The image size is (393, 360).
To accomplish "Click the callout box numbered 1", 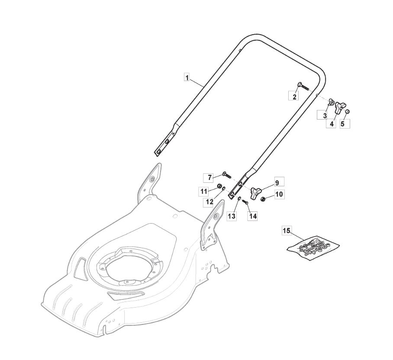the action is click(187, 78).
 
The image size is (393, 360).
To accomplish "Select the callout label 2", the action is click(294, 97).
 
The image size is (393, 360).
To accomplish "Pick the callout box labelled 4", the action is click(332, 123).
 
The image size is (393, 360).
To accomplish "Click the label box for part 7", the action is click(210, 178).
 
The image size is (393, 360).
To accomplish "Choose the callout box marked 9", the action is click(277, 182).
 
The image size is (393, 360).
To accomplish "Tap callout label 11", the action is click(204, 191).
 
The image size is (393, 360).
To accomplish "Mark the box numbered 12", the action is click(209, 202).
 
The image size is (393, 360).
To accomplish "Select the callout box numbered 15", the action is click(287, 231).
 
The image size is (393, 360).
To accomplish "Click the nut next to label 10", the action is click(263, 199).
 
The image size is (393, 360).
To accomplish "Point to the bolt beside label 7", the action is click(226, 175).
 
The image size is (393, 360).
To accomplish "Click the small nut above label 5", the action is click(348, 111).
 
